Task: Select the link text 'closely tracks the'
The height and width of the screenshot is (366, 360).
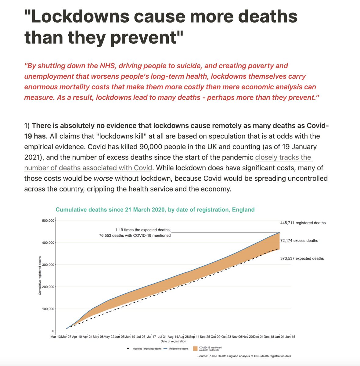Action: (x=283, y=157)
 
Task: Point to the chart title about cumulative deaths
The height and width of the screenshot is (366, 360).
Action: (x=155, y=210)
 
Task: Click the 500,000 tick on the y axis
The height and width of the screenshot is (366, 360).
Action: (x=48, y=221)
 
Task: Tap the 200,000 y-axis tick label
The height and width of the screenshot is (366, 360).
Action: (x=48, y=287)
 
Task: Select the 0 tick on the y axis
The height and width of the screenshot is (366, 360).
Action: (x=53, y=331)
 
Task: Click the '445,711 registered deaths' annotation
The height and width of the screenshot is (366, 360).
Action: (x=303, y=223)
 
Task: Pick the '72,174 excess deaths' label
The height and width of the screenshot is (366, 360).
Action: (x=299, y=241)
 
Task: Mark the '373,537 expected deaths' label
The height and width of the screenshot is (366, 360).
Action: (x=302, y=258)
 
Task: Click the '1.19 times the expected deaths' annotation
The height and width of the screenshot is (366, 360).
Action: (x=143, y=230)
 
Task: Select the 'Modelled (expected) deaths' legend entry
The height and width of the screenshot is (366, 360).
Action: (x=147, y=349)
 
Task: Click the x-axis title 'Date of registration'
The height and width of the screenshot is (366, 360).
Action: (x=173, y=341)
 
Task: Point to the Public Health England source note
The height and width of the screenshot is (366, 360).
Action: (x=244, y=356)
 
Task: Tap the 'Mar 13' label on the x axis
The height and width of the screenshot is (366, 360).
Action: (x=56, y=337)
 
